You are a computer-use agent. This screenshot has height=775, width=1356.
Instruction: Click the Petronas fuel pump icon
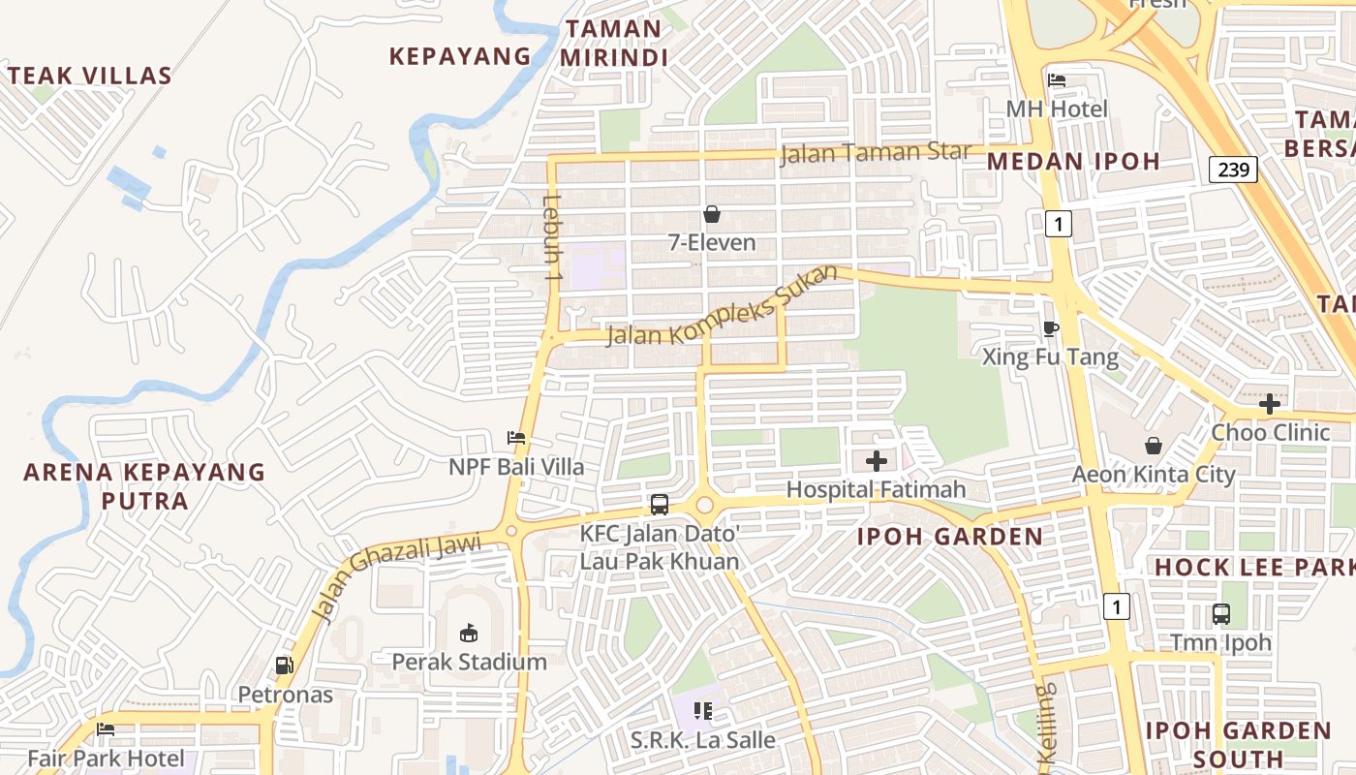coord(285,666)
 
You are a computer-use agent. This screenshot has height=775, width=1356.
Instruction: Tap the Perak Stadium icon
coord(469,633)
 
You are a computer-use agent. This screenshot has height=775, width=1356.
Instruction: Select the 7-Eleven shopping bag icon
coord(712,213)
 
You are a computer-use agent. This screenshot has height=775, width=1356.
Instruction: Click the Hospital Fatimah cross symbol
coord(877,461)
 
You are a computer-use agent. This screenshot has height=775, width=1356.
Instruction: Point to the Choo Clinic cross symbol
coord(1270,403)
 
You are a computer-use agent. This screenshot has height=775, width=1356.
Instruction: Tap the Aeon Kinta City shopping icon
coord(1154,446)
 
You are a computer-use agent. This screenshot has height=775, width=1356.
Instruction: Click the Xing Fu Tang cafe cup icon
coord(1051,328)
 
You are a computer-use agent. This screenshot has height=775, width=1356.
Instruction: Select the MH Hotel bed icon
coord(1057,79)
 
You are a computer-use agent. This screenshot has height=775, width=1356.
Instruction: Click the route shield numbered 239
coord(1233,170)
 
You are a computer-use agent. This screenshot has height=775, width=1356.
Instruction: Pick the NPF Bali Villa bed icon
coord(516,438)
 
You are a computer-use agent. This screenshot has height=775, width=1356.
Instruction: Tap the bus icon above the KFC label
coord(660,504)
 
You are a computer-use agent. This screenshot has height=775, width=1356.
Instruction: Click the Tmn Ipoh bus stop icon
coord(1221,613)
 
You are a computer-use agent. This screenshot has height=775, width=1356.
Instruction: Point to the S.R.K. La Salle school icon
coord(703,712)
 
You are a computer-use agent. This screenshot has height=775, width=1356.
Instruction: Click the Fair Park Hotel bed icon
coord(106,728)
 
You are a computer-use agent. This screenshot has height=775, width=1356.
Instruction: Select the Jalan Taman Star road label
coord(875,153)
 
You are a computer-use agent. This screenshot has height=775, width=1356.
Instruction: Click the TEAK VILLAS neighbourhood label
coord(89,76)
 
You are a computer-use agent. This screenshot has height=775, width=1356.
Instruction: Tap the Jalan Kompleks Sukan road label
coord(722,306)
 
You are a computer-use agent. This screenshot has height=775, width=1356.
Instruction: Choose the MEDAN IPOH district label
coord(1073,161)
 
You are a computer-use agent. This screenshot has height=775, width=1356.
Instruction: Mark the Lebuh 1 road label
coord(552,238)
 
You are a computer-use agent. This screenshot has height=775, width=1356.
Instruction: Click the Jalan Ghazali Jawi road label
coord(397,577)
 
